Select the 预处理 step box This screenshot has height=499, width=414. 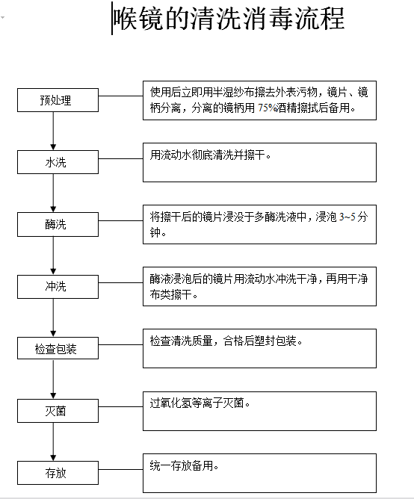(56, 100)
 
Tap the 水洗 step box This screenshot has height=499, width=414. (56, 162)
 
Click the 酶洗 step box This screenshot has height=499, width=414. (56, 224)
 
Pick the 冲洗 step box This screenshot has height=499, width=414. (56, 286)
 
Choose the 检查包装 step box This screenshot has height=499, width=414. (56, 349)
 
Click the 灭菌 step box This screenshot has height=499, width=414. (56, 410)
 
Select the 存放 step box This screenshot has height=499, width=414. (56, 472)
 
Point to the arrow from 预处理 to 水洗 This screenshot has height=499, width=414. (52, 131)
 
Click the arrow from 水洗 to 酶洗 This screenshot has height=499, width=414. (52, 193)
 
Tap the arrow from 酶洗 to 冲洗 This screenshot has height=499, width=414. (52, 255)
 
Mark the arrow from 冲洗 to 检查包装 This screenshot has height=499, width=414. (52, 317)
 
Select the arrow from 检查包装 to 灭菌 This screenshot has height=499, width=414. (52, 379)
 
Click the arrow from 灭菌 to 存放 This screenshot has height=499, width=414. (52, 441)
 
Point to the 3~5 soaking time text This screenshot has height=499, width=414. (348, 217)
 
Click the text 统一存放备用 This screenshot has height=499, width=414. (185, 465)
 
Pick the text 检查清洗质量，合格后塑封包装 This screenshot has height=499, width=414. (226, 341)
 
